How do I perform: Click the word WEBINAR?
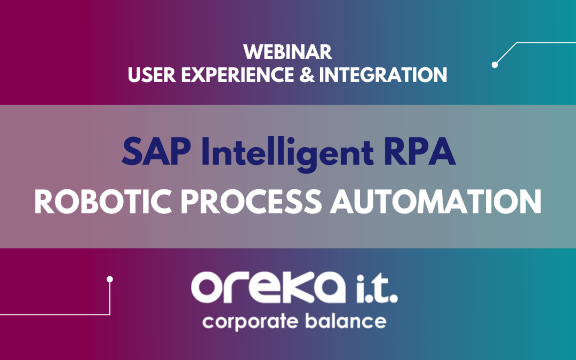pos(287,52)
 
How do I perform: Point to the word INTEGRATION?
pos(383,75)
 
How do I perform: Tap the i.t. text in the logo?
pos(374,289)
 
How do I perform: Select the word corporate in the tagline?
pos(251,322)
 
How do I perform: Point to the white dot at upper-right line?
pos(495,65)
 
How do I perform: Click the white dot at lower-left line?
pos(110,279)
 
